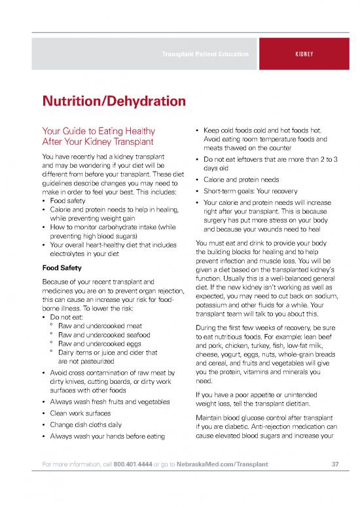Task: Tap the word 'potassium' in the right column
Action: (214, 305)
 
